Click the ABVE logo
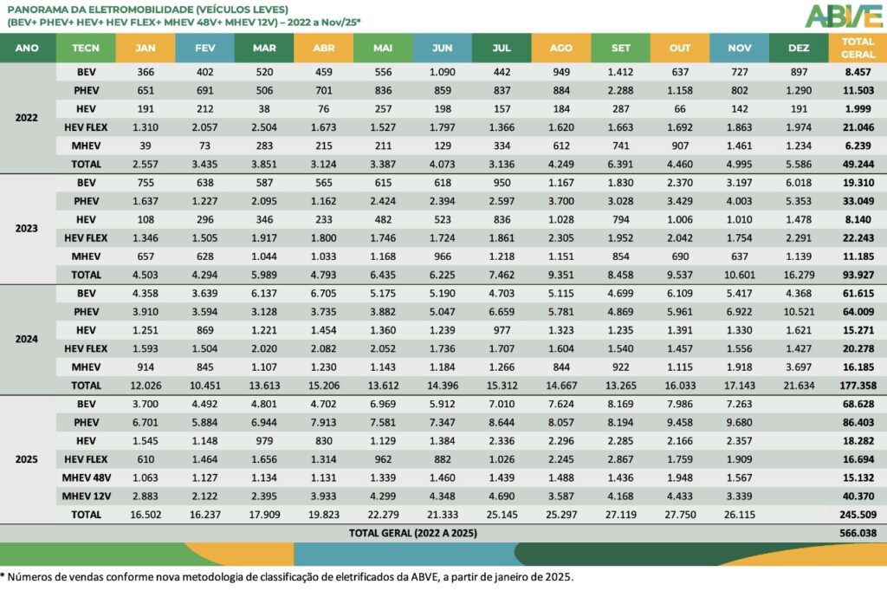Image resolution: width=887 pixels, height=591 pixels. (843, 16)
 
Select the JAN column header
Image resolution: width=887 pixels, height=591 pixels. (146, 48)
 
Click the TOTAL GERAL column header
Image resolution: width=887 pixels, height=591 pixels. (857, 48)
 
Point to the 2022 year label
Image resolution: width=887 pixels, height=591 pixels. (28, 117)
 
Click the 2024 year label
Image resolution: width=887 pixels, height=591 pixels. (28, 339)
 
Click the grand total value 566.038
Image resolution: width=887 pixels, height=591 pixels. (857, 533)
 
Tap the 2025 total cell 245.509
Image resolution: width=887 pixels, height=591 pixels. (857, 514)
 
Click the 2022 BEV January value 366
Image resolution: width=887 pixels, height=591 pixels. (146, 72)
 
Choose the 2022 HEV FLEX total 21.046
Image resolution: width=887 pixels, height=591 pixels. (857, 127)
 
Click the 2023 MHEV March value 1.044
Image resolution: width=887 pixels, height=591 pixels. (265, 256)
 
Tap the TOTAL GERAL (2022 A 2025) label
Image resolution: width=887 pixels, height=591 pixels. (412, 533)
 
